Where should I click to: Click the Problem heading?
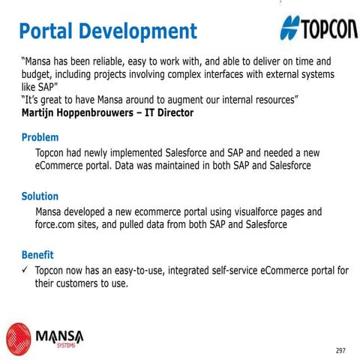tap(40, 138)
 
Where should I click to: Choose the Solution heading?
tap(40, 196)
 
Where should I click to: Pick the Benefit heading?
tap(37, 255)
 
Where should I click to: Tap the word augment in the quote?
tap(170, 100)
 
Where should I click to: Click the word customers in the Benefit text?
tap(82, 283)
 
